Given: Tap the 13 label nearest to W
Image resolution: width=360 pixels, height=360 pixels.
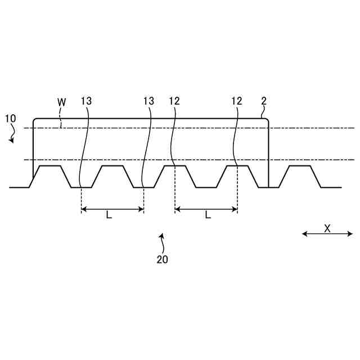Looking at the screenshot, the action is [86, 101].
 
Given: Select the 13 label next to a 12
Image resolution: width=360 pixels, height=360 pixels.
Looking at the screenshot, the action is [148, 101].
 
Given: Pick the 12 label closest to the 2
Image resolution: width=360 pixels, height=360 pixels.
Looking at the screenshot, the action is [236, 101].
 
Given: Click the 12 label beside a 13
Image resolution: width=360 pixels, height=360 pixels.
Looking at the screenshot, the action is [174, 101].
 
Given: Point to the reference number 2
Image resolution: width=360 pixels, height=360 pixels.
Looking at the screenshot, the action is [264, 101].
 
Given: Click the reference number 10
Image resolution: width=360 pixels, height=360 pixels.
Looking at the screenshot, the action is [10, 119].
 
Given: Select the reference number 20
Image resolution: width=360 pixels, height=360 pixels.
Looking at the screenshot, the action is [162, 260].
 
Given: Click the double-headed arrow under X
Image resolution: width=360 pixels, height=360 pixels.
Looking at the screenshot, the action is [327, 234].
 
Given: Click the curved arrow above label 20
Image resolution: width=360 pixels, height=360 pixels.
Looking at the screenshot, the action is [162, 243].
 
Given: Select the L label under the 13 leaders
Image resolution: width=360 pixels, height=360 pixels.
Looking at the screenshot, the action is [109, 215].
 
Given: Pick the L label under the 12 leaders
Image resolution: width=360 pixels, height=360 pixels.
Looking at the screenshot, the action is [208, 215].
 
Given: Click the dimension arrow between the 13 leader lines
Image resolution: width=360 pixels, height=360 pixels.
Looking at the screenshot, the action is [112, 209].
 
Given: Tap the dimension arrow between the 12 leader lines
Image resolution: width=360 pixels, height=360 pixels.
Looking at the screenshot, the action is [206, 209].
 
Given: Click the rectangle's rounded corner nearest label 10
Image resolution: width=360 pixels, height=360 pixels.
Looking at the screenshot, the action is [35, 120].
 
